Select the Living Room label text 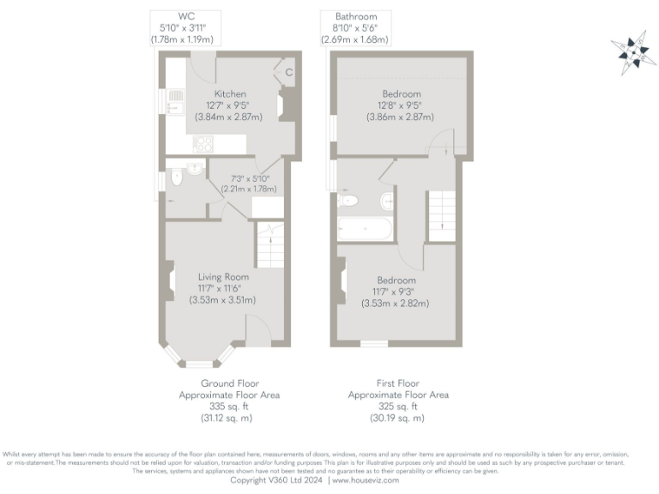[x=223, y=277]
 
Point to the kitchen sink [x=175, y=101]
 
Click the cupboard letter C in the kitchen [x=288, y=72]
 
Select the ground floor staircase [x=269, y=244]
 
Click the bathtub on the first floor [x=365, y=229]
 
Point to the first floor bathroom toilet [x=348, y=200]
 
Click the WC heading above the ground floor [x=186, y=16]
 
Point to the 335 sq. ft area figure [x=229, y=407]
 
